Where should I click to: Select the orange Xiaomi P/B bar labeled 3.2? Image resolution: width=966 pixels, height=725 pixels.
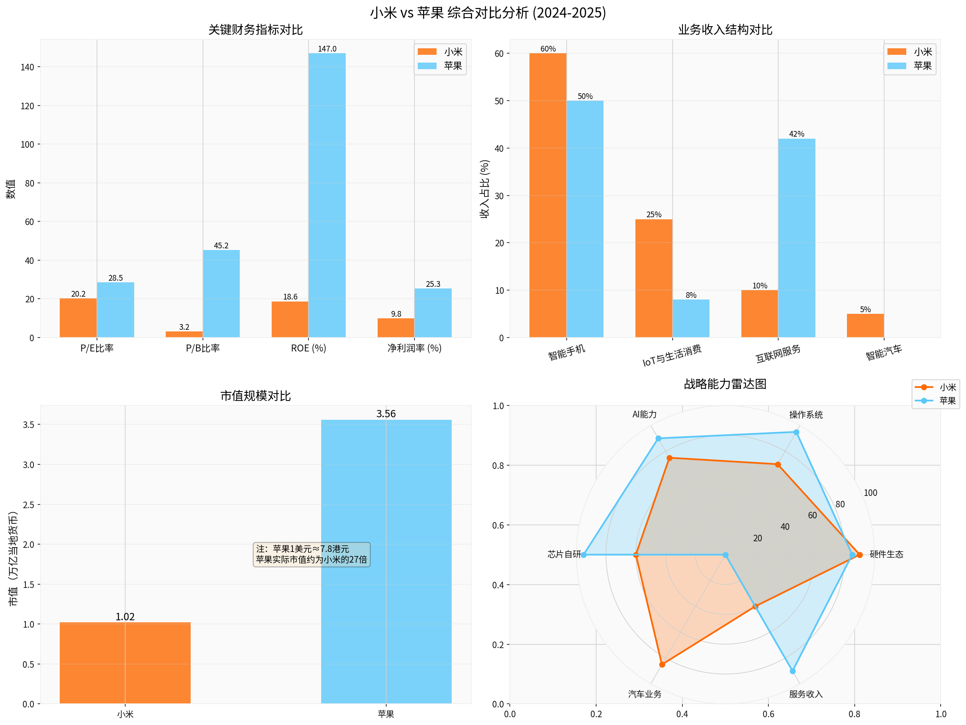[x=184, y=334]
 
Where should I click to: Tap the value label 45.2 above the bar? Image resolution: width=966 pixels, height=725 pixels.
[x=221, y=245]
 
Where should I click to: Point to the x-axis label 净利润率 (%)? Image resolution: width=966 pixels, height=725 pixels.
[x=414, y=348]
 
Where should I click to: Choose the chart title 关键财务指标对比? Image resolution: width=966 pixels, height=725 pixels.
[x=255, y=30]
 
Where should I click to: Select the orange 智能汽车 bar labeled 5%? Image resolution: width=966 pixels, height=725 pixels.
[x=865, y=325]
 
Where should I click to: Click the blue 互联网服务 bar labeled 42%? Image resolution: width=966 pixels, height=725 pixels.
[x=796, y=238]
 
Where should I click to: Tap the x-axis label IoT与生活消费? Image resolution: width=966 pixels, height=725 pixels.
[x=672, y=356]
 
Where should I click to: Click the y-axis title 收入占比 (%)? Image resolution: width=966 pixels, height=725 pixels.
[x=484, y=189]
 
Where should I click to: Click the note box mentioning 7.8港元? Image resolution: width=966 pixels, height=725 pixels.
[x=311, y=554]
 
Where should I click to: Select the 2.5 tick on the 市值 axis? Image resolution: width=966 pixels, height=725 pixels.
[x=28, y=504]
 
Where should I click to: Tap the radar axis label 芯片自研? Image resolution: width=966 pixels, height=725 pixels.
[x=564, y=554]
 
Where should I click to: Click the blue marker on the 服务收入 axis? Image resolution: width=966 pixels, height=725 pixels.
[x=792, y=671]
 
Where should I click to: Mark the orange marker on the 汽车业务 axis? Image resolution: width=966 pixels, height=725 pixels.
[x=662, y=664]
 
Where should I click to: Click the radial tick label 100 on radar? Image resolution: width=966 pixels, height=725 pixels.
[x=870, y=493]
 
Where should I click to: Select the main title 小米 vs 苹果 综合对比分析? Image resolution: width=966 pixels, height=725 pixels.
[x=488, y=12]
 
